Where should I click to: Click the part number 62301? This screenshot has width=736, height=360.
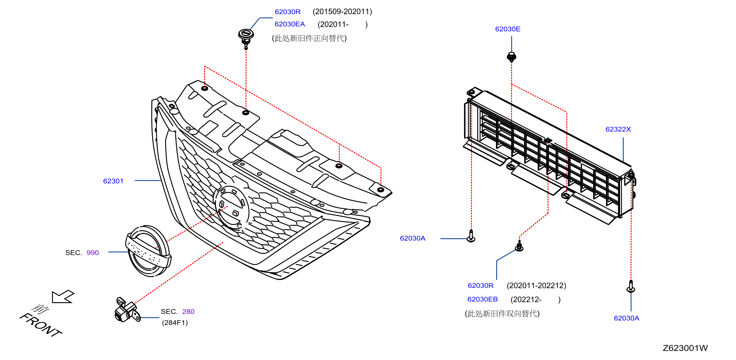[x=113, y=181]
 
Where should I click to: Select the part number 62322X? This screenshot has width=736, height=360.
[x=618, y=129]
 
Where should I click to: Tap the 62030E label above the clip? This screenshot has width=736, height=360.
[x=508, y=29]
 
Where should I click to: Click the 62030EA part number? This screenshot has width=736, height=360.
[x=290, y=24]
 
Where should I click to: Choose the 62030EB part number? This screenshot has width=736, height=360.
[x=483, y=299]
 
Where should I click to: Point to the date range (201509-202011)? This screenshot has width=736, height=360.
[x=342, y=12]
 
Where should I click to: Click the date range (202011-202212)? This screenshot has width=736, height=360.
[x=536, y=286]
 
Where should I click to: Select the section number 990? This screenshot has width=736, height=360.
[x=93, y=253]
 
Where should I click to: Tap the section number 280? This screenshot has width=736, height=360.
[x=188, y=312]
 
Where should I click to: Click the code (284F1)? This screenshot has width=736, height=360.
[x=175, y=323]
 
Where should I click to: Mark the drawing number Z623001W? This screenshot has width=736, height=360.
[x=685, y=348]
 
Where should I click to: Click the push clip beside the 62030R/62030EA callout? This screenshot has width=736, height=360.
[x=246, y=39]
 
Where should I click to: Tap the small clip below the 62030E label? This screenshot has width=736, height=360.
[x=511, y=57]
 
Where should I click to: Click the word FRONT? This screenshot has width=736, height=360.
[x=41, y=325]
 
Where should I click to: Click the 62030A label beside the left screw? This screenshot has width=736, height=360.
[x=412, y=238]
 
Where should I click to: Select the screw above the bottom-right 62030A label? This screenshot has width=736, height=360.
[x=631, y=286]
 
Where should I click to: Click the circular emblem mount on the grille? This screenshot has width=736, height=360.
[x=231, y=207]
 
